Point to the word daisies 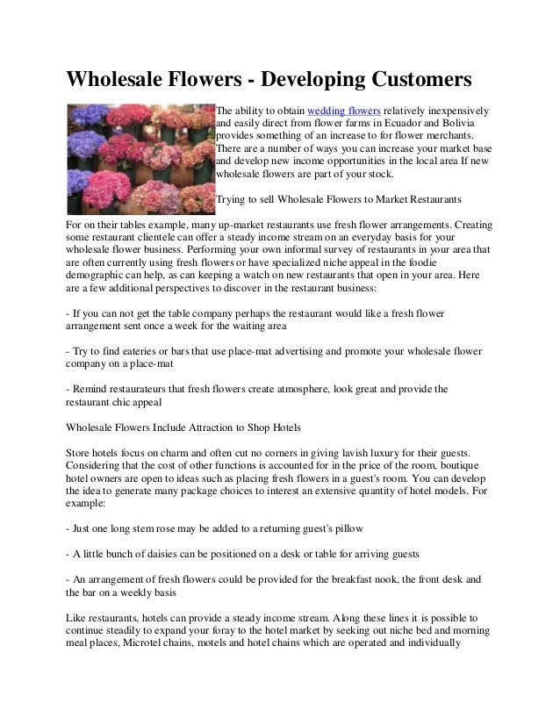point(158,556)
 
